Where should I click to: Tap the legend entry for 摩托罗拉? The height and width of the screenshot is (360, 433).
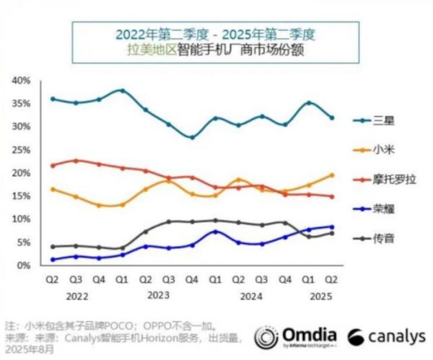389,179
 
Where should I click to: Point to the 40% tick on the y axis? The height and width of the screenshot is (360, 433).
19,80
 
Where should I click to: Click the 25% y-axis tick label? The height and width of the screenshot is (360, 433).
19,150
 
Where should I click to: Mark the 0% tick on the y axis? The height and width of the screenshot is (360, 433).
22,265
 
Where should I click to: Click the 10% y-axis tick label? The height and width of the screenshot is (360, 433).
19,219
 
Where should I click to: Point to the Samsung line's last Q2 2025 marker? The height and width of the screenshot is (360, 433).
331,118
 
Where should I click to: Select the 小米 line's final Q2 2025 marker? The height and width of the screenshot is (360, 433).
331,175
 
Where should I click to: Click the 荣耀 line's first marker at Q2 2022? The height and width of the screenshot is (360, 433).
53,260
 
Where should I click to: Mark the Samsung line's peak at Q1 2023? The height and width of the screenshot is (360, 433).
123,91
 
